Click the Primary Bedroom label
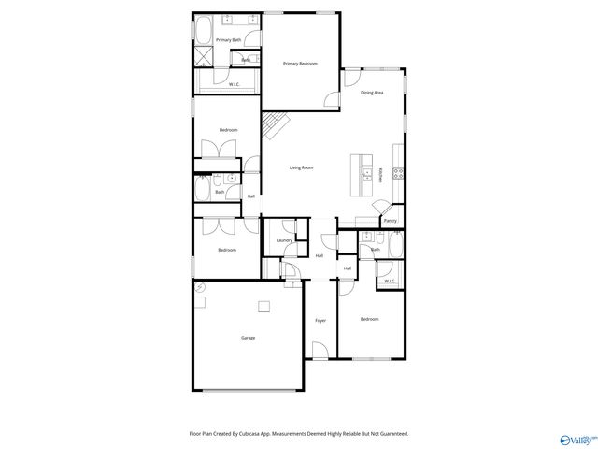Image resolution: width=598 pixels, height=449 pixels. pos(300,64)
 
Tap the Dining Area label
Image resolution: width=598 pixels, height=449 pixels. pos(372,93)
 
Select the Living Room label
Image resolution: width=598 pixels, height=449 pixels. pos(300,167)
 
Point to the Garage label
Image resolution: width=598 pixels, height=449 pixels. pos(248,338)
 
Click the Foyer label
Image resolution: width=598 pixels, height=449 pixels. pos(320,321)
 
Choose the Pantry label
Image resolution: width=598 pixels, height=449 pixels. pos(390,221)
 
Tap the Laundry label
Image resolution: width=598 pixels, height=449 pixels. pos(284,240)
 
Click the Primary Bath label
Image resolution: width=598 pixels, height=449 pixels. pos(229,40)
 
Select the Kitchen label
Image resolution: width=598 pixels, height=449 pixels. pos(381,174)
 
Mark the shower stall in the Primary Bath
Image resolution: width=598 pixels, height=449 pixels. pos(202,57)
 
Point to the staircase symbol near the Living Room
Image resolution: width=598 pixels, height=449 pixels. pos(274,123)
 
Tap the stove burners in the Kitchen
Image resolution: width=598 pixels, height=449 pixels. pos(398,173)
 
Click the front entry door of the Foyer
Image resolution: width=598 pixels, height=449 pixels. pos(320,354)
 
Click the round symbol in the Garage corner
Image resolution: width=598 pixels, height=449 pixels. pos(199,290)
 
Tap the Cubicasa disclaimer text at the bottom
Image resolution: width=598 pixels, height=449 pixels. pos(299,433)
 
